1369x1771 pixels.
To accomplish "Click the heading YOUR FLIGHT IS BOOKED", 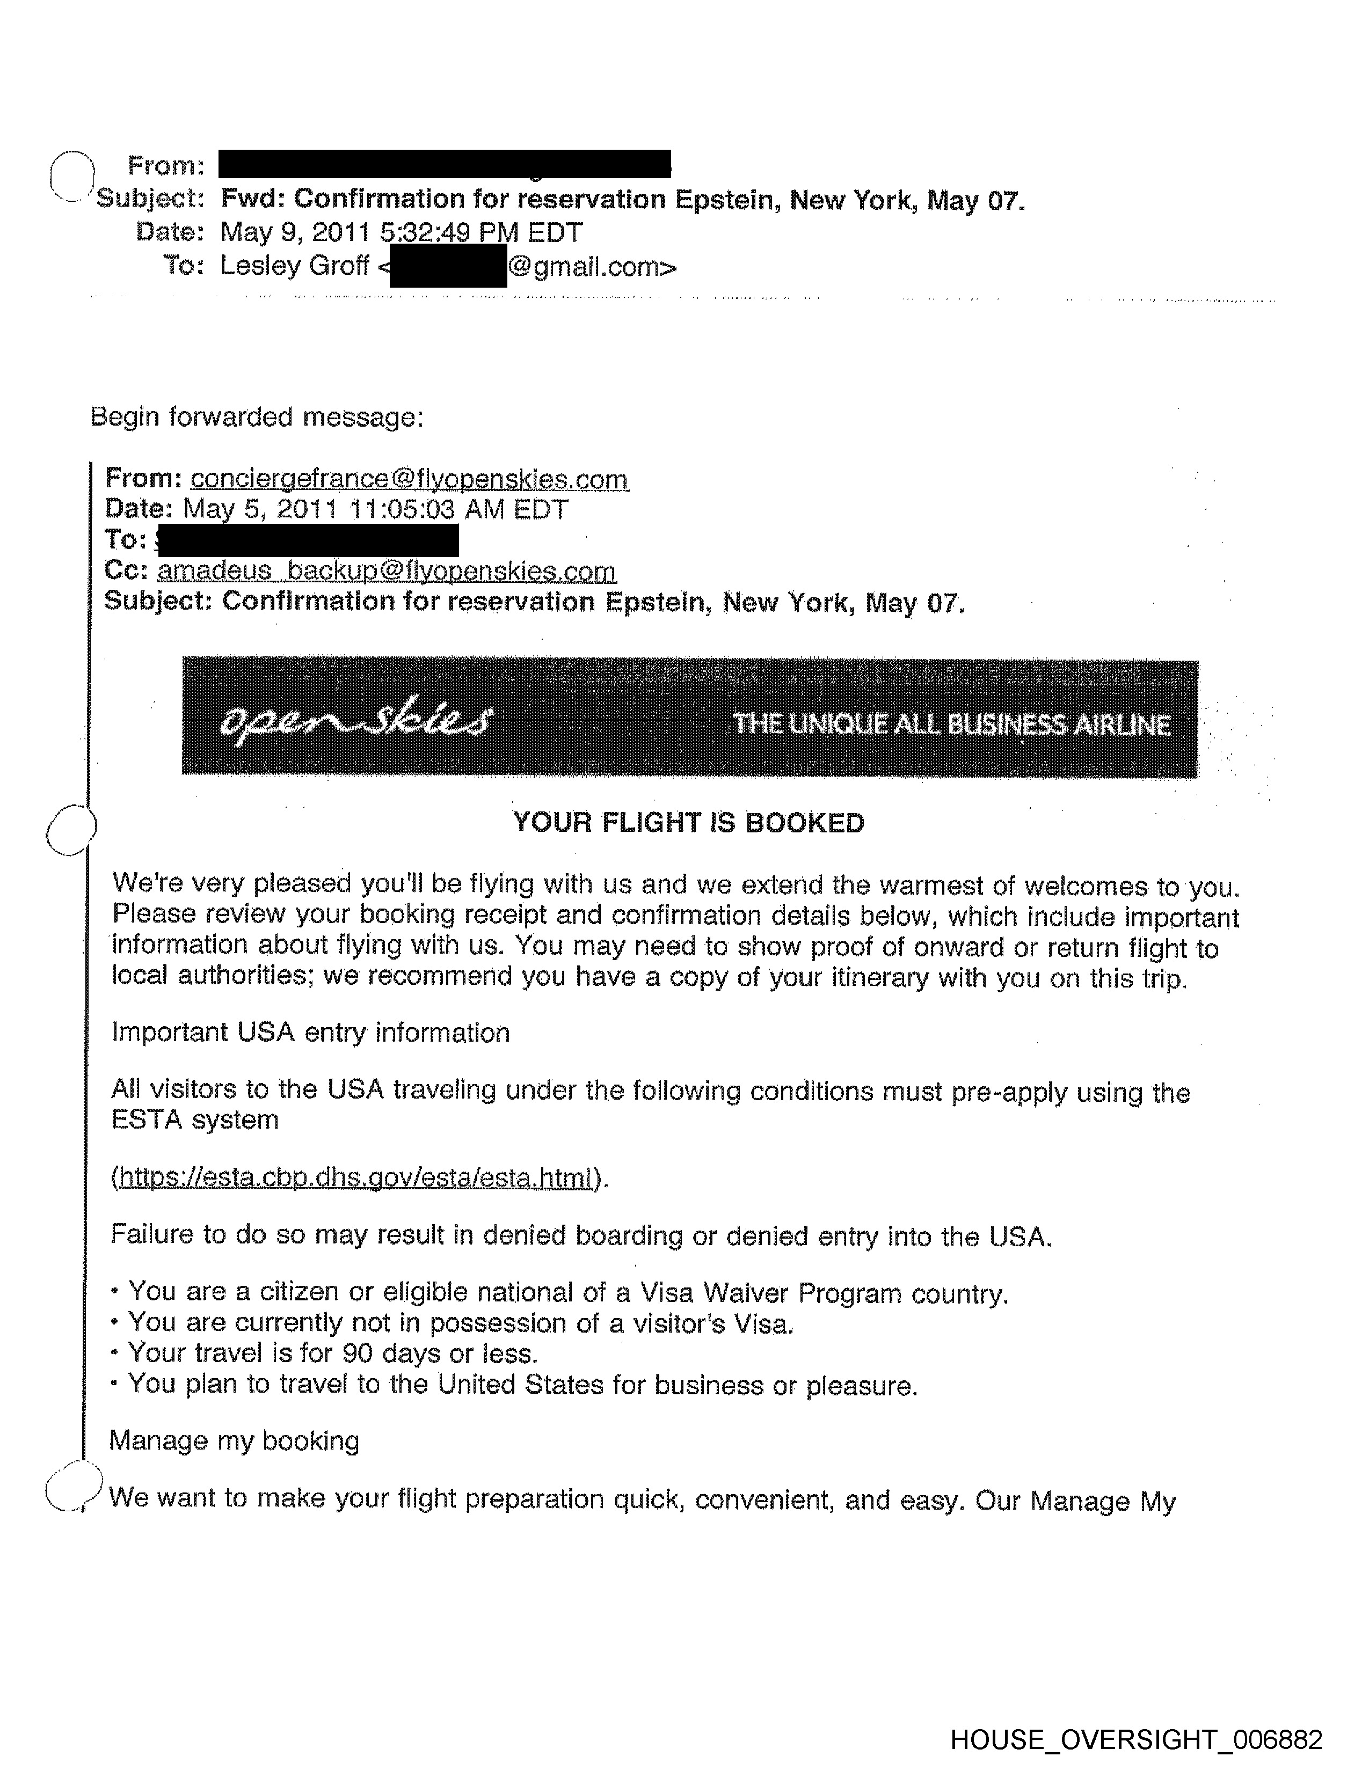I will [x=689, y=823].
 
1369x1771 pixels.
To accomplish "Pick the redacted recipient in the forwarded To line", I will [x=308, y=540].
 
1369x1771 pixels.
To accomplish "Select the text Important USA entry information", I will [x=311, y=1032].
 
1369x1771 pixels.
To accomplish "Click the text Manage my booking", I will [x=235, y=1440].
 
